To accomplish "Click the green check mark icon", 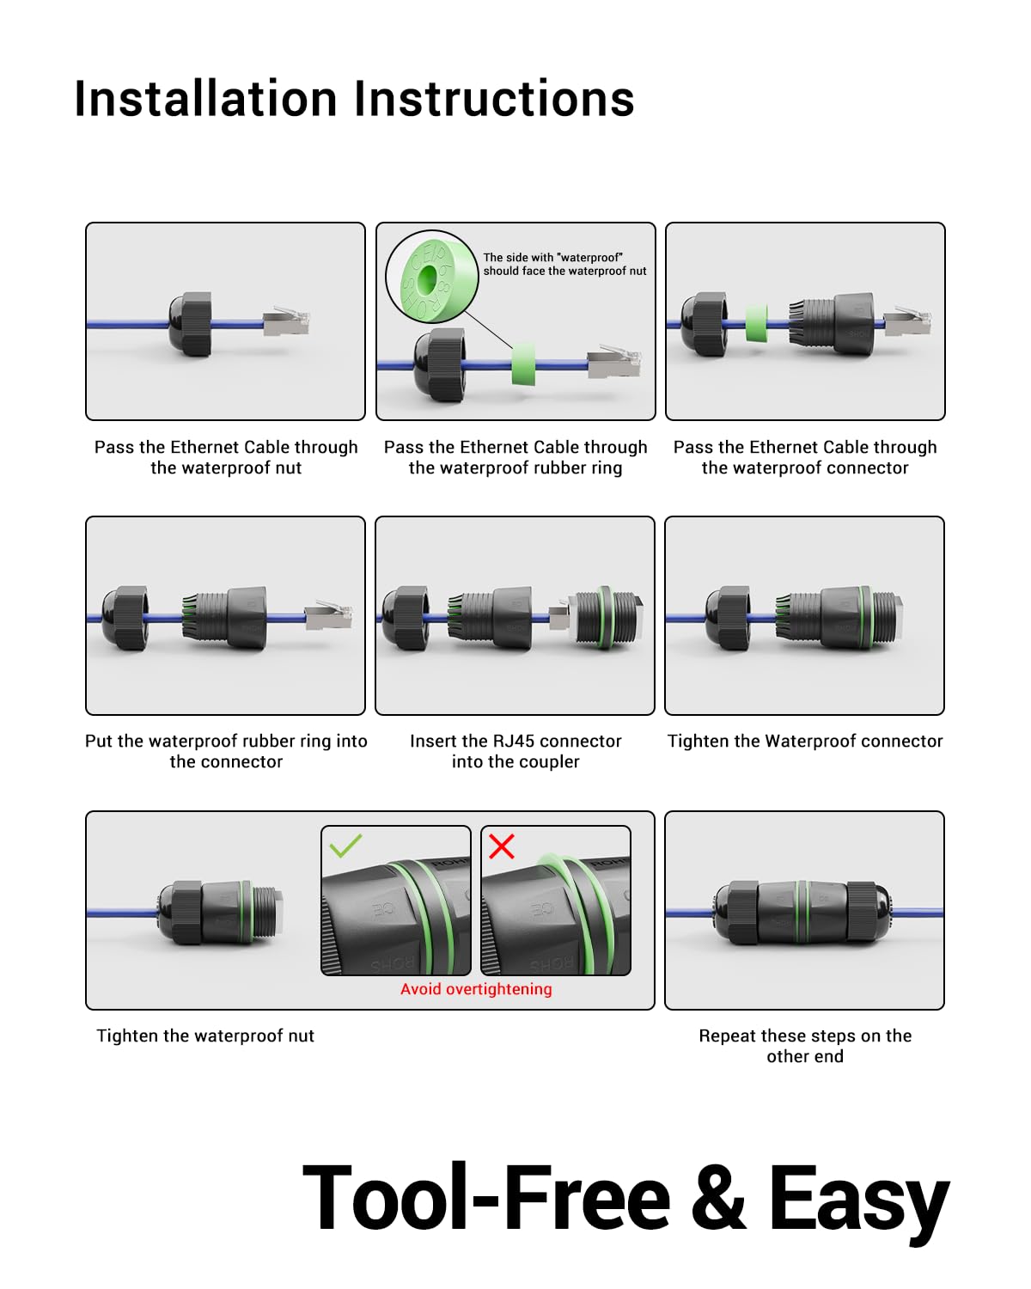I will tap(345, 846).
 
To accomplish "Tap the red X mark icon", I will tap(502, 846).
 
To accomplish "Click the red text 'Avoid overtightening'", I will tap(476, 989).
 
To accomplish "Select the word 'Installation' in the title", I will tap(205, 99).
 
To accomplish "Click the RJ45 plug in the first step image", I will tap(287, 322).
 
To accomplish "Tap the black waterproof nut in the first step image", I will tap(190, 323).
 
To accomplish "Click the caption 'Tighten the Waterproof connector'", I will tap(805, 741).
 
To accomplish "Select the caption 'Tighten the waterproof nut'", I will tap(205, 1035).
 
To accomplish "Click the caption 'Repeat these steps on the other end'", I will tap(805, 1046).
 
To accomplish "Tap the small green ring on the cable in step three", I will tap(756, 323).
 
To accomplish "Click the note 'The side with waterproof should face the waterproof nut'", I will tap(564, 264).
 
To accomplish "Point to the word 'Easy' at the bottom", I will tap(858, 1199).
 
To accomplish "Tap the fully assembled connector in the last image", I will tap(804, 913).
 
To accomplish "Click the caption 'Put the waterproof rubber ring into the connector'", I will tap(226, 751).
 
